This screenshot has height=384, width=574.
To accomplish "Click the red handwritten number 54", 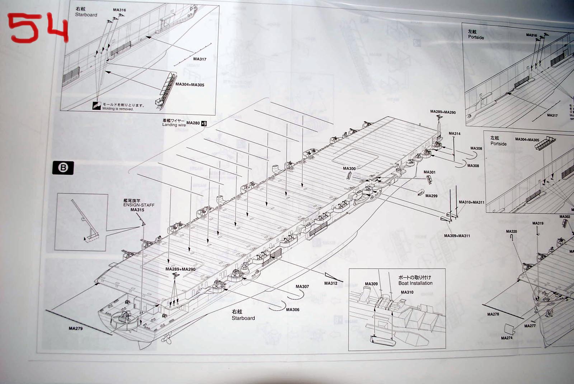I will coord(38,28).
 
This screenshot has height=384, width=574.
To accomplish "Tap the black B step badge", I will coord(63,168).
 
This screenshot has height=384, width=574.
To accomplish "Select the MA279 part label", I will coord(76,328).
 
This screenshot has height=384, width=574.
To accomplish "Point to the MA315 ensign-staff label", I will coord(137,210).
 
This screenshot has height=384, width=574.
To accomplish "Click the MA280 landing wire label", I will coord(193,123).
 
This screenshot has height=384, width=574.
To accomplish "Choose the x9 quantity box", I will coord(204,123).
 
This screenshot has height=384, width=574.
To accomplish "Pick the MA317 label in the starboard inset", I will coord(199,59).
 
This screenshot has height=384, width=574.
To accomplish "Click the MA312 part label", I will coord(330,283).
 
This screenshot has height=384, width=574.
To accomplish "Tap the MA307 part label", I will coord(302,286).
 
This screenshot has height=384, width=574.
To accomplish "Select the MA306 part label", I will coord(292,310).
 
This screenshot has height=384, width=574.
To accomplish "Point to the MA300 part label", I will coord(349,169).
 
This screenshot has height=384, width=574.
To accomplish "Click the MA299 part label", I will coord(431,196).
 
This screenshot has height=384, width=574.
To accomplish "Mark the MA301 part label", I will coord(429,172).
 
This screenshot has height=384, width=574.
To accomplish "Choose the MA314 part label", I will coord(454,134).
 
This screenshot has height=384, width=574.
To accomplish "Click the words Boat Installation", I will coord(415,283).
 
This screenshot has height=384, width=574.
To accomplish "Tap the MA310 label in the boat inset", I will coord(407,292).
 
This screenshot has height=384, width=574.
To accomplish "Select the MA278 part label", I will coord(493,314).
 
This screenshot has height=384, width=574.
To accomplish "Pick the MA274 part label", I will coord(507,338).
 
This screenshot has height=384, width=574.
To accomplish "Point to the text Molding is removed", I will coord(118,109).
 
